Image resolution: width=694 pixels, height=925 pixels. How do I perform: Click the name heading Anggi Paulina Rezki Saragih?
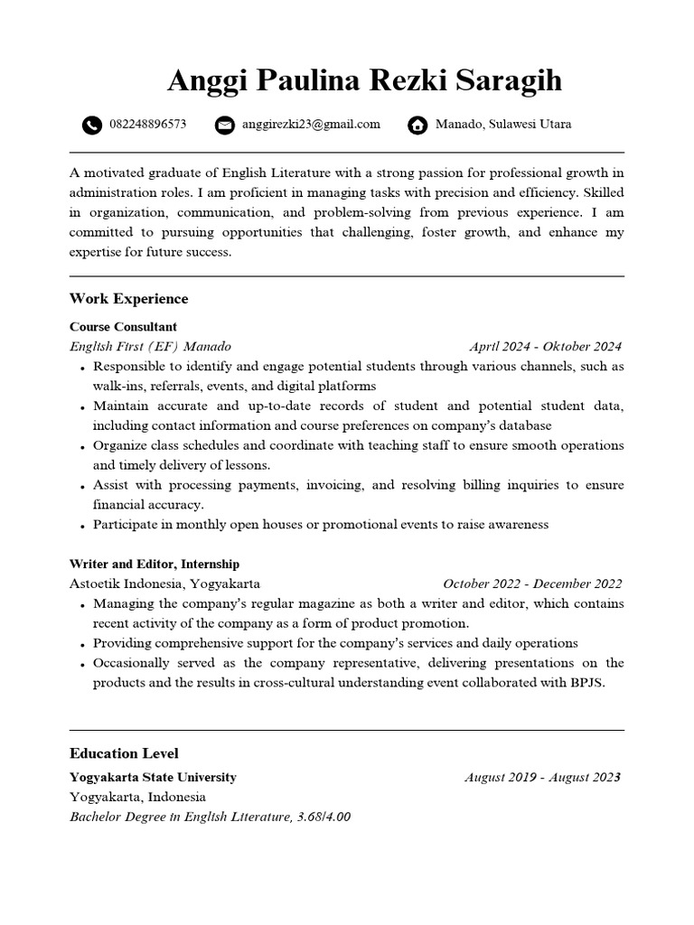pos(364,80)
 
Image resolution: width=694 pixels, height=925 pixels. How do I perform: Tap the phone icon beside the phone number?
pos(91,126)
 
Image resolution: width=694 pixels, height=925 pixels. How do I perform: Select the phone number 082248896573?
pos(147,125)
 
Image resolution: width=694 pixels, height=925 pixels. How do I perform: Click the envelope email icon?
pos(224,126)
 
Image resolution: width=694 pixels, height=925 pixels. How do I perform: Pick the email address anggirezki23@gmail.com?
pos(311,125)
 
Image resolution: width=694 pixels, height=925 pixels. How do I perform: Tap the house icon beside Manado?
pos(417,126)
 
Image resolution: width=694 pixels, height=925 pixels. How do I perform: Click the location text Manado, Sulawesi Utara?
pos(503,125)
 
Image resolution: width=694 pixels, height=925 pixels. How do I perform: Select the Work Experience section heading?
pos(128,299)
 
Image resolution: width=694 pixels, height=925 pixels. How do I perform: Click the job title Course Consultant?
pos(123,327)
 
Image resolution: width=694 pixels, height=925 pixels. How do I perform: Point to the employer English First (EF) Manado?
pos(150,347)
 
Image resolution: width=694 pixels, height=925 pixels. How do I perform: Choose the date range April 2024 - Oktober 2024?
pos(545,347)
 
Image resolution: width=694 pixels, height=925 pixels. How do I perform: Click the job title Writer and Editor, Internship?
pos(154,564)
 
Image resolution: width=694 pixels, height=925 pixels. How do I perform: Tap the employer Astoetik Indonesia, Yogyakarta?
pos(164,584)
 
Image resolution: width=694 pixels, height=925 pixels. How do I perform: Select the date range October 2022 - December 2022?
pos(532,584)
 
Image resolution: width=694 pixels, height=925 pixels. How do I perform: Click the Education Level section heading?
pos(124,753)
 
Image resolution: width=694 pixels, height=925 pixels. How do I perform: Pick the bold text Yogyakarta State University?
pos(153,777)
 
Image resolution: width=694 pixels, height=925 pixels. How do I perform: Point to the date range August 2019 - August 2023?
pos(542,777)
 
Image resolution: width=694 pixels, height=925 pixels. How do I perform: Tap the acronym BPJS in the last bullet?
pos(586,683)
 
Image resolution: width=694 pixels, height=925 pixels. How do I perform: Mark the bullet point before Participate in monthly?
pos(82,526)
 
